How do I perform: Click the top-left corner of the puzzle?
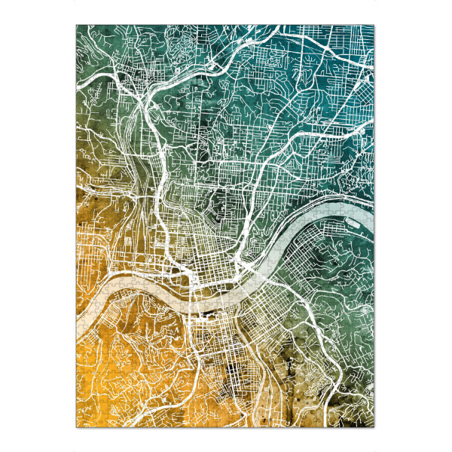77,25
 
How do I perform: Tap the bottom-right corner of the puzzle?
375,427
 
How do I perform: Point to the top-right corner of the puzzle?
375,25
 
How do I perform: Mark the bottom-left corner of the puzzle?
77,427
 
